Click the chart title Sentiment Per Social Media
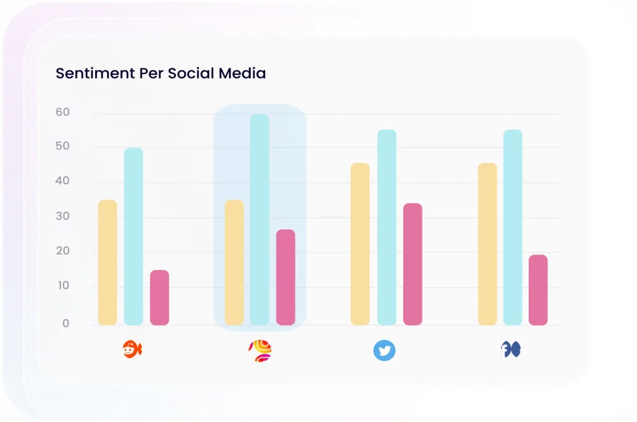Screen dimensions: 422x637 pyautogui.click(x=160, y=73)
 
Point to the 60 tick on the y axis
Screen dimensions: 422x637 pyautogui.click(x=62, y=113)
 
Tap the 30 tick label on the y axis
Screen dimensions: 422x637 pyautogui.click(x=62, y=217)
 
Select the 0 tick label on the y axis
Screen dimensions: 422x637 pyautogui.click(x=65, y=324)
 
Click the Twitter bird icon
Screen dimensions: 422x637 pyautogui.click(x=384, y=350)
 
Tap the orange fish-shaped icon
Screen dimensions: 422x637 pyautogui.click(x=132, y=350)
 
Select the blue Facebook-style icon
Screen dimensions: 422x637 pyautogui.click(x=511, y=350)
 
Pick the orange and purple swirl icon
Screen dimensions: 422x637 pyautogui.click(x=260, y=351)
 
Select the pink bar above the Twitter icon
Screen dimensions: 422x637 pyautogui.click(x=412, y=264)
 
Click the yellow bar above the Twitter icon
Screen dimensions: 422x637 pyautogui.click(x=360, y=244)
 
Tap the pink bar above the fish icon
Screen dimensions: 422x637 pyautogui.click(x=159, y=298)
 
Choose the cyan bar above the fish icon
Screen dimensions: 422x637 pyautogui.click(x=133, y=237)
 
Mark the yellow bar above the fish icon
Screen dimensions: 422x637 pyautogui.click(x=108, y=263)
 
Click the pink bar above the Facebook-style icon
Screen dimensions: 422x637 pyautogui.click(x=538, y=290)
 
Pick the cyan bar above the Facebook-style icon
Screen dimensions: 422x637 pyautogui.click(x=513, y=227)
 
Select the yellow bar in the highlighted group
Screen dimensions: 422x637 pyautogui.click(x=234, y=263)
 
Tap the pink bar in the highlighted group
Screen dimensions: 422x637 pyautogui.click(x=286, y=277)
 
